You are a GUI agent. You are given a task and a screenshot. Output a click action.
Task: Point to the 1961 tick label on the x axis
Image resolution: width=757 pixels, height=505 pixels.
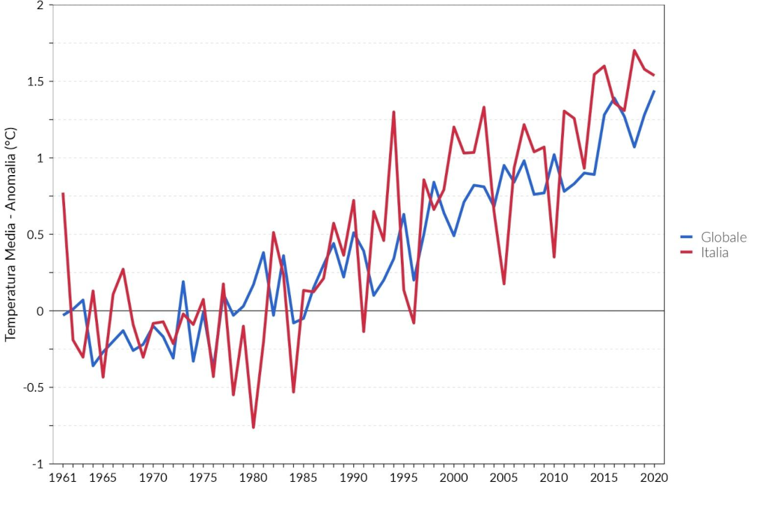[63, 478]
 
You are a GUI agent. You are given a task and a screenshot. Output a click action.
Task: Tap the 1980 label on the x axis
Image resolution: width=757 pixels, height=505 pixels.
[253, 478]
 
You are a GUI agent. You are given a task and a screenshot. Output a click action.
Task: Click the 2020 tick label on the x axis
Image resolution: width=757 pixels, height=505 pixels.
[654, 478]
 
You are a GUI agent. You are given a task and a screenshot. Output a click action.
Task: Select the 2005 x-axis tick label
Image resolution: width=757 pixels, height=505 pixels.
[504, 478]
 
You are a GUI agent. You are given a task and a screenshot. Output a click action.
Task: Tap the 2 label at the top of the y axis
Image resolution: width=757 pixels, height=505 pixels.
[40, 6]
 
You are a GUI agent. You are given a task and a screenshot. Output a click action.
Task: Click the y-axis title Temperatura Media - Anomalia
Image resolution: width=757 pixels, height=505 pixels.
[10, 234]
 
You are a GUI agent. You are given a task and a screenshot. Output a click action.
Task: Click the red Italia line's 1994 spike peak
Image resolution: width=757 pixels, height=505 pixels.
[394, 112]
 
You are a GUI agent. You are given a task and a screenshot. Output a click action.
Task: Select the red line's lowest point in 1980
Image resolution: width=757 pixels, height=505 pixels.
[253, 427]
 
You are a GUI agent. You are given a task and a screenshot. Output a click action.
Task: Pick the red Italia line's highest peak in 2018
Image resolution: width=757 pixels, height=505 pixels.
[634, 50]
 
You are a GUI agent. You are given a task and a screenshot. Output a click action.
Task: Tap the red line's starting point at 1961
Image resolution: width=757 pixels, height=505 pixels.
[63, 194]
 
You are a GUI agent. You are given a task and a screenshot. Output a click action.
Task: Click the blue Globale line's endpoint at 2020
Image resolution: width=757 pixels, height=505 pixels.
[654, 91]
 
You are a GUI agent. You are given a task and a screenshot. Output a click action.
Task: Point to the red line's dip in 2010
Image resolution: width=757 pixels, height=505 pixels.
[554, 257]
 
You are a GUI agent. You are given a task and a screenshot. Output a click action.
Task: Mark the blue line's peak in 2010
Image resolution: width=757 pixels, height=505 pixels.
[554, 155]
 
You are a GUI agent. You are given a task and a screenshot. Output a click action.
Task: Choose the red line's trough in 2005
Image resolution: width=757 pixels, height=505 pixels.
[504, 284]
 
